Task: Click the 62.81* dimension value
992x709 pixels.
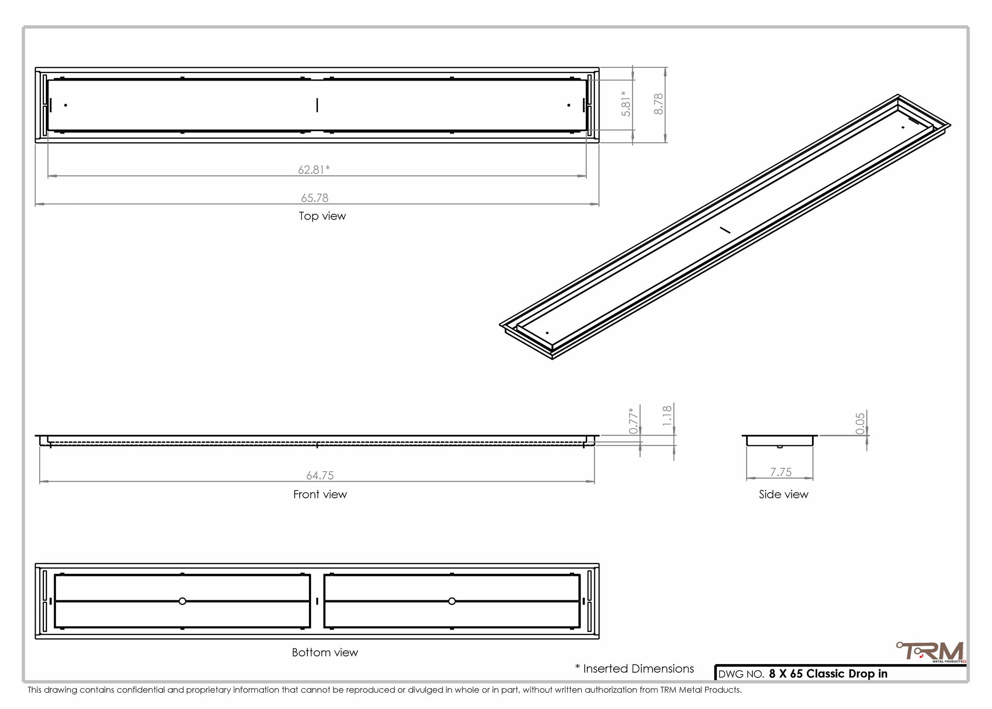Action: coord(314,169)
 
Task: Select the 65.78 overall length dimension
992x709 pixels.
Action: coord(315,198)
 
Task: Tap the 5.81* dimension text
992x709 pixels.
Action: coord(626,104)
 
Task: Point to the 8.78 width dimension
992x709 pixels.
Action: coord(659,104)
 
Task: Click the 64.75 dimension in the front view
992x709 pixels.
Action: coord(320,475)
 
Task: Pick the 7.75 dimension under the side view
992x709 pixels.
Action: coord(781,472)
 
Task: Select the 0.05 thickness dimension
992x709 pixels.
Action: coord(860,423)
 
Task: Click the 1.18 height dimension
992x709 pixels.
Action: coord(667,416)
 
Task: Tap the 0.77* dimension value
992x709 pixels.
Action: coord(634,421)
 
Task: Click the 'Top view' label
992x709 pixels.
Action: coord(322,216)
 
